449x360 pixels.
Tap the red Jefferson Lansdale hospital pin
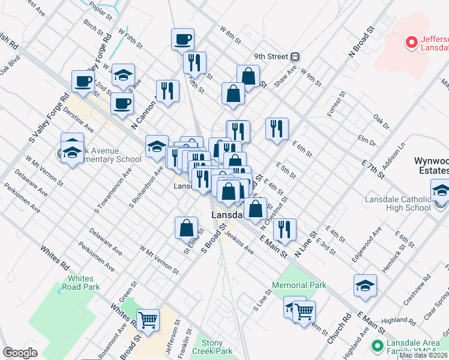pyautogui.click(x=412, y=42)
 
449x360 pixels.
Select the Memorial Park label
pyautogui.click(x=299, y=285)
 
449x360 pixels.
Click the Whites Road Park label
pyautogui.click(x=80, y=283)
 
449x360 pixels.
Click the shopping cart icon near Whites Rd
pyautogui.click(x=148, y=320)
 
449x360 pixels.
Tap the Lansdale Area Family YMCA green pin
pyautogui.click(x=377, y=345)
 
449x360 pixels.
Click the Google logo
pyautogui.click(x=20, y=352)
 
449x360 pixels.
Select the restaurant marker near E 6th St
pyautogui.click(x=277, y=128)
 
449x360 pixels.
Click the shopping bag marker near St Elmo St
pyautogui.click(x=186, y=227)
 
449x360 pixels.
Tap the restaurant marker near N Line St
pyautogui.click(x=285, y=230)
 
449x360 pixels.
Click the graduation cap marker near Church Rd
pyautogui.click(x=365, y=286)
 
